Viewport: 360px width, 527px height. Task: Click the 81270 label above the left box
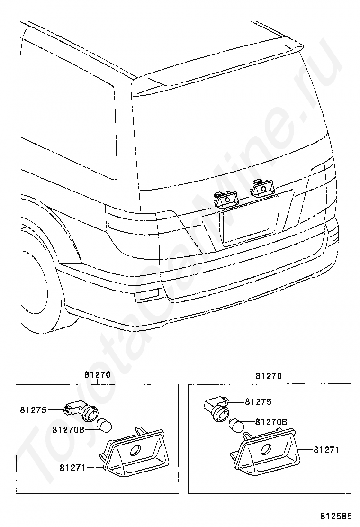pyautogui.click(x=98, y=374)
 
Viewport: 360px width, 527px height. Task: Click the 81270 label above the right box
pyautogui.click(x=269, y=376)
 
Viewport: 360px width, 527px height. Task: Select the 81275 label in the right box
pyautogui.click(x=258, y=402)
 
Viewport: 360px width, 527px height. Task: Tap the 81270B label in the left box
pyautogui.click(x=68, y=430)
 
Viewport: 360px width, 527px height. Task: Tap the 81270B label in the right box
pyautogui.click(x=271, y=421)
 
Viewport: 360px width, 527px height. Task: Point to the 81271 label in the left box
pyautogui.click(x=72, y=468)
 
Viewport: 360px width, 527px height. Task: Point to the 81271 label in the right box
pyautogui.click(x=326, y=450)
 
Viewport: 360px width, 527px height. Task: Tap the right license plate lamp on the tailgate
pyautogui.click(x=260, y=188)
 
